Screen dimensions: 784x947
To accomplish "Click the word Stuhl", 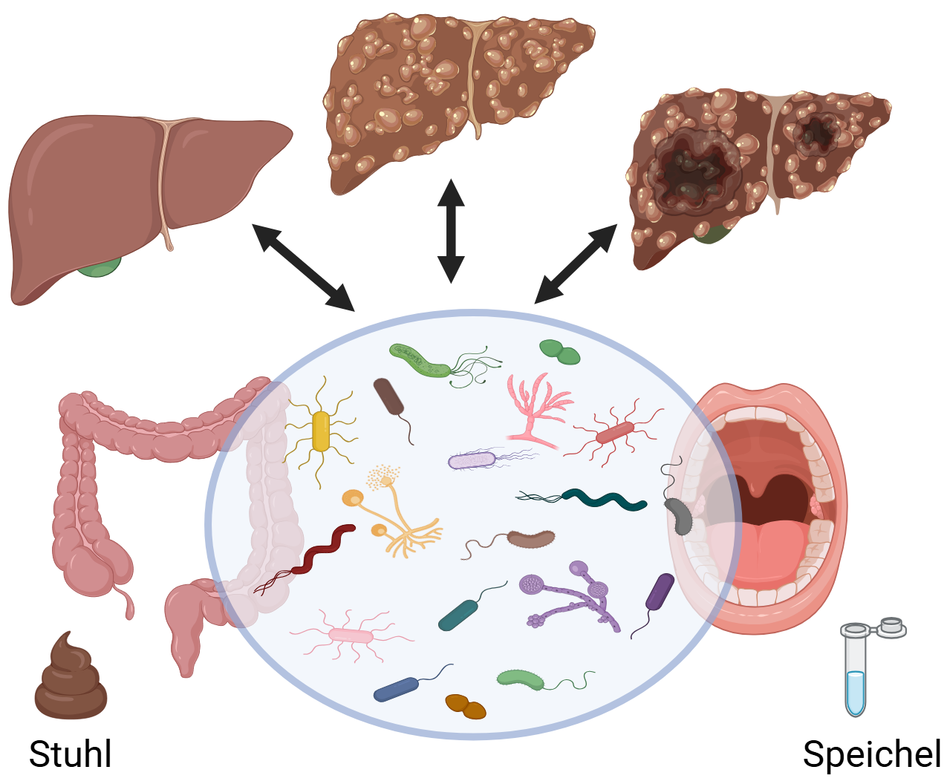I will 71,754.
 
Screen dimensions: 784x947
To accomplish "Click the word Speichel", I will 872,754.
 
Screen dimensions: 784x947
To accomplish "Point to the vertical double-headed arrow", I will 451,231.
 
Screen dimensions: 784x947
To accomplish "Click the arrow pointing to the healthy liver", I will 303,267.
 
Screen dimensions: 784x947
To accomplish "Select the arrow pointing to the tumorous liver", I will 576,264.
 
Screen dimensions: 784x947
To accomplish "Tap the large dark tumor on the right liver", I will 691,171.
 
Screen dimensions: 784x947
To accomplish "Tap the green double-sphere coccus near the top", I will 560,352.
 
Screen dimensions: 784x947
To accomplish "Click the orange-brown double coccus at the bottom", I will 466,707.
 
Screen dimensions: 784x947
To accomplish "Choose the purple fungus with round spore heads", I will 572,594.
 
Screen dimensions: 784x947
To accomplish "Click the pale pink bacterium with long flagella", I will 351,636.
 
